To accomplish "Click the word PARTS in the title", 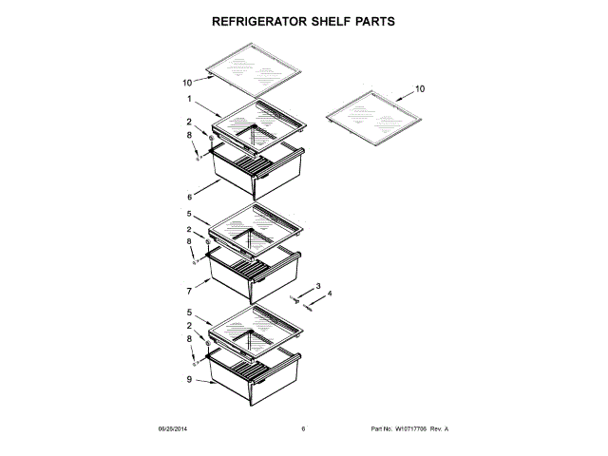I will [371, 19].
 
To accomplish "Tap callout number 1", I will [189, 100].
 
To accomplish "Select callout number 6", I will [189, 197].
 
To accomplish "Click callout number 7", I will [189, 293].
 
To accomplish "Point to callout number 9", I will [189, 380].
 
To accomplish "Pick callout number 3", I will [318, 286].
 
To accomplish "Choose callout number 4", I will [331, 294].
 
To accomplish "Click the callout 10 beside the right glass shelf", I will [420, 88].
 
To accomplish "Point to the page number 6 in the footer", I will [303, 429].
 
